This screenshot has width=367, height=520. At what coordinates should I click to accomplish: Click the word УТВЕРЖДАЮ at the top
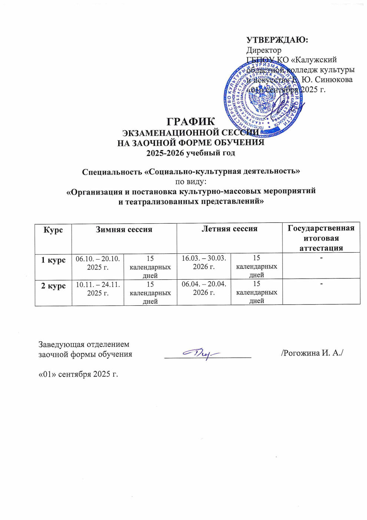277,40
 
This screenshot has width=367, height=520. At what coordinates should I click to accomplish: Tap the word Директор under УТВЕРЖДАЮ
264,50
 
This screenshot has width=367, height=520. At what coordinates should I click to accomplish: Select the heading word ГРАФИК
191,122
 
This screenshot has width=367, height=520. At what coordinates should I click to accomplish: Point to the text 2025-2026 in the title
163,153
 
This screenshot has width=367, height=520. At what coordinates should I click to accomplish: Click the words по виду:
191,182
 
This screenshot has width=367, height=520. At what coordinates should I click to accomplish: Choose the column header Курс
53,230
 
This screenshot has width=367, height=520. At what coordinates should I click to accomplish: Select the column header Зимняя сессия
124,230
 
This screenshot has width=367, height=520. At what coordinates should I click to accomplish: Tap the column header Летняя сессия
229,229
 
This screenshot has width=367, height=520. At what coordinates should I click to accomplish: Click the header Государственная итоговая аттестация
321,238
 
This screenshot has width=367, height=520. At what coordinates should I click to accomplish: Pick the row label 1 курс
53,260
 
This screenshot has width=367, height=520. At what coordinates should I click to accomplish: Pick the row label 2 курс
53,286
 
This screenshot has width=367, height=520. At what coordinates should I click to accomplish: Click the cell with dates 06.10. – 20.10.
98,263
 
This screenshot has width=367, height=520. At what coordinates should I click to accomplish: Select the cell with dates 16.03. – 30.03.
204,262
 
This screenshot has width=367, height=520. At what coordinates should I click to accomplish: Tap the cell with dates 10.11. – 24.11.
98,289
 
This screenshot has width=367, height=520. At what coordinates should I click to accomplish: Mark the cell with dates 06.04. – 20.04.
204,288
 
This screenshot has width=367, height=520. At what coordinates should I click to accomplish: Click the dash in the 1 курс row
321,257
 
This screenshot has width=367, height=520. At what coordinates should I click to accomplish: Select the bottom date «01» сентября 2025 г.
78,374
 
